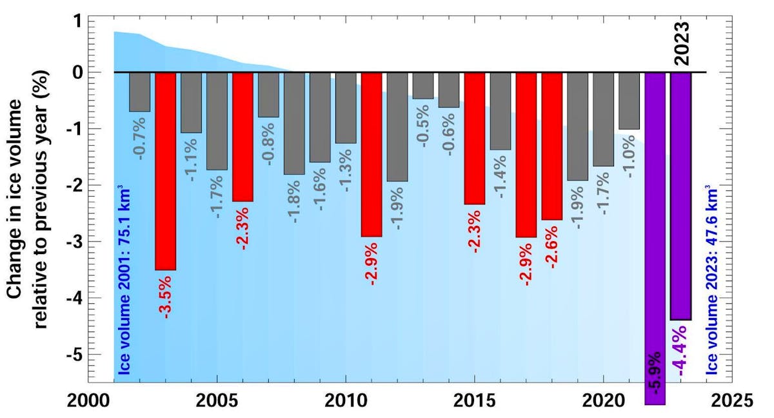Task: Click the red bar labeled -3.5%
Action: pyautogui.click(x=165, y=171)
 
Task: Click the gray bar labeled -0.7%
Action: pyautogui.click(x=139, y=92)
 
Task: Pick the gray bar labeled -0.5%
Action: pyautogui.click(x=423, y=85)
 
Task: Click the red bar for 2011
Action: pyautogui.click(x=372, y=155)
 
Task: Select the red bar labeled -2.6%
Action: pyautogui.click(x=552, y=146)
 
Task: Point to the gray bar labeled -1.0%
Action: pyautogui.click(x=630, y=101)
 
